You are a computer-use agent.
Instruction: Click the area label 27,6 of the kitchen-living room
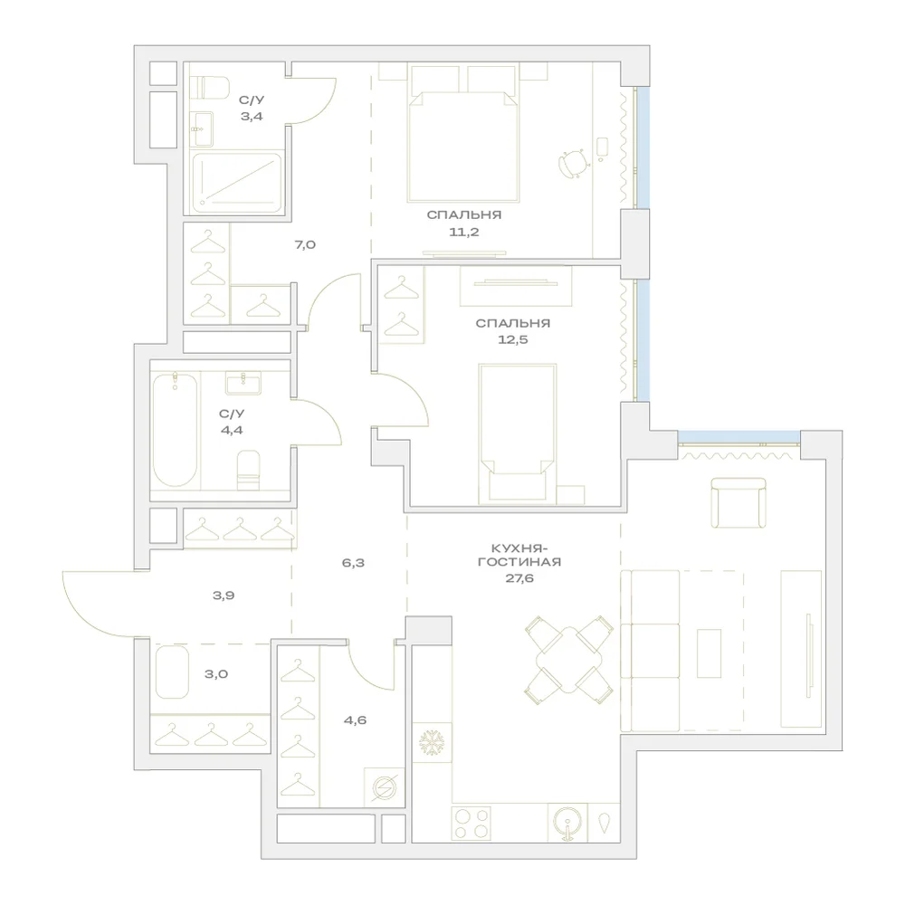tap(519, 578)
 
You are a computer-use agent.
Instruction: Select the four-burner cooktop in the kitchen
tap(471, 823)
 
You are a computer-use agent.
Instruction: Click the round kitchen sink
tap(568, 822)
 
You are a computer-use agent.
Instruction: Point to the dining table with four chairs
tap(568, 660)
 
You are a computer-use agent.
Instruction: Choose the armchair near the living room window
tap(738, 502)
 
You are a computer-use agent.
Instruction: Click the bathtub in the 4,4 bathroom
tap(175, 429)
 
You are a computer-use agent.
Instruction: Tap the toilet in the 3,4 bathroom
tap(210, 89)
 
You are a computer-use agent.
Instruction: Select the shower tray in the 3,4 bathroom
tap(237, 182)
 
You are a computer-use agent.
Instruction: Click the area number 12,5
tap(512, 339)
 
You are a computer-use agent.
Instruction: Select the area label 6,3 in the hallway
tap(353, 563)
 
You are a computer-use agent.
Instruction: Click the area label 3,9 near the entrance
tap(224, 595)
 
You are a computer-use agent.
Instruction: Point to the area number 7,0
tap(305, 244)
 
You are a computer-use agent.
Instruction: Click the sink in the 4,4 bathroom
tap(243, 383)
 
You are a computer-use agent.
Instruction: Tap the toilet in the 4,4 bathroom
tap(248, 470)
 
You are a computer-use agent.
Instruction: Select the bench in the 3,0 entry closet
tap(172, 672)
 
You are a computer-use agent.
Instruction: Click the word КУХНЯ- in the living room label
tap(519, 548)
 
